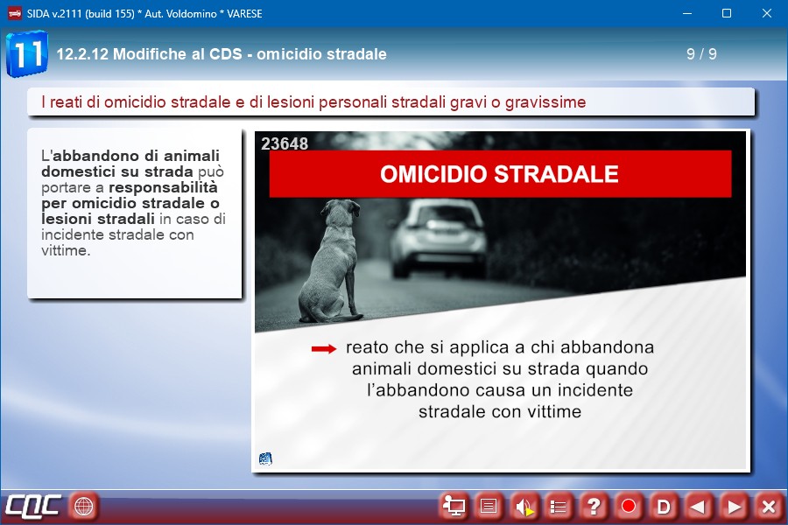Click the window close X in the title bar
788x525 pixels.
point(766,14)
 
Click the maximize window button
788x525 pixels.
point(727,14)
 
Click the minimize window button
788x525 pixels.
point(687,14)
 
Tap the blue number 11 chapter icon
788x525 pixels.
point(27,53)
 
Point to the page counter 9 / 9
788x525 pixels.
point(701,53)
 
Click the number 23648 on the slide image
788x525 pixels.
point(285,143)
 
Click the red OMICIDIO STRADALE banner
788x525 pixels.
point(500,174)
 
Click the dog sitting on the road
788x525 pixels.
point(332,262)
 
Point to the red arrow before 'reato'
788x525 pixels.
point(324,348)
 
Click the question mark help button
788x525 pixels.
point(594,507)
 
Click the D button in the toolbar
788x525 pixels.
point(664,507)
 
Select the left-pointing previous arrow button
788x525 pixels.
point(698,507)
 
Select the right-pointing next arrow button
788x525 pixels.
point(733,507)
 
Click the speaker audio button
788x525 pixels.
point(524,507)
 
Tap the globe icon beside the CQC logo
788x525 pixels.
point(83,506)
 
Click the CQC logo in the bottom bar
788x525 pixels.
point(33,506)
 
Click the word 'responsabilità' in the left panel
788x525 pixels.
point(164,187)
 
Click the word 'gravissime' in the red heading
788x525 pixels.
point(545,102)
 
